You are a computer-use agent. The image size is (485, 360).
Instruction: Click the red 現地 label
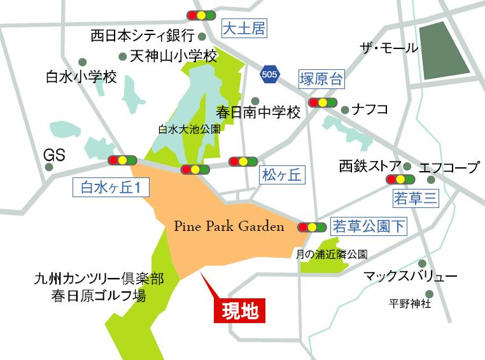point(239,311)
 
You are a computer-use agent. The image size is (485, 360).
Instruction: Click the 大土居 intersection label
point(243,28)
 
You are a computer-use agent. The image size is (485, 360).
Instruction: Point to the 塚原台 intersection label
point(320,80)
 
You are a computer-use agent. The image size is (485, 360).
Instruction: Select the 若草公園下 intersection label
point(369,226)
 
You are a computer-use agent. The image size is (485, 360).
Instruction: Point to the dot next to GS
point(49,167)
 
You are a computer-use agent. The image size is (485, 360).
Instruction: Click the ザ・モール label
point(389,48)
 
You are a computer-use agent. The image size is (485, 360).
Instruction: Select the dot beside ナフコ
point(345,109)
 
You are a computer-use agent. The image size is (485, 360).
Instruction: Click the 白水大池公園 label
point(189,128)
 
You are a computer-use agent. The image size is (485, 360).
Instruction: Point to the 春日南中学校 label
point(258,114)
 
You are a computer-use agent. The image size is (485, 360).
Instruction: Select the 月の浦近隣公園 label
point(332,254)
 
